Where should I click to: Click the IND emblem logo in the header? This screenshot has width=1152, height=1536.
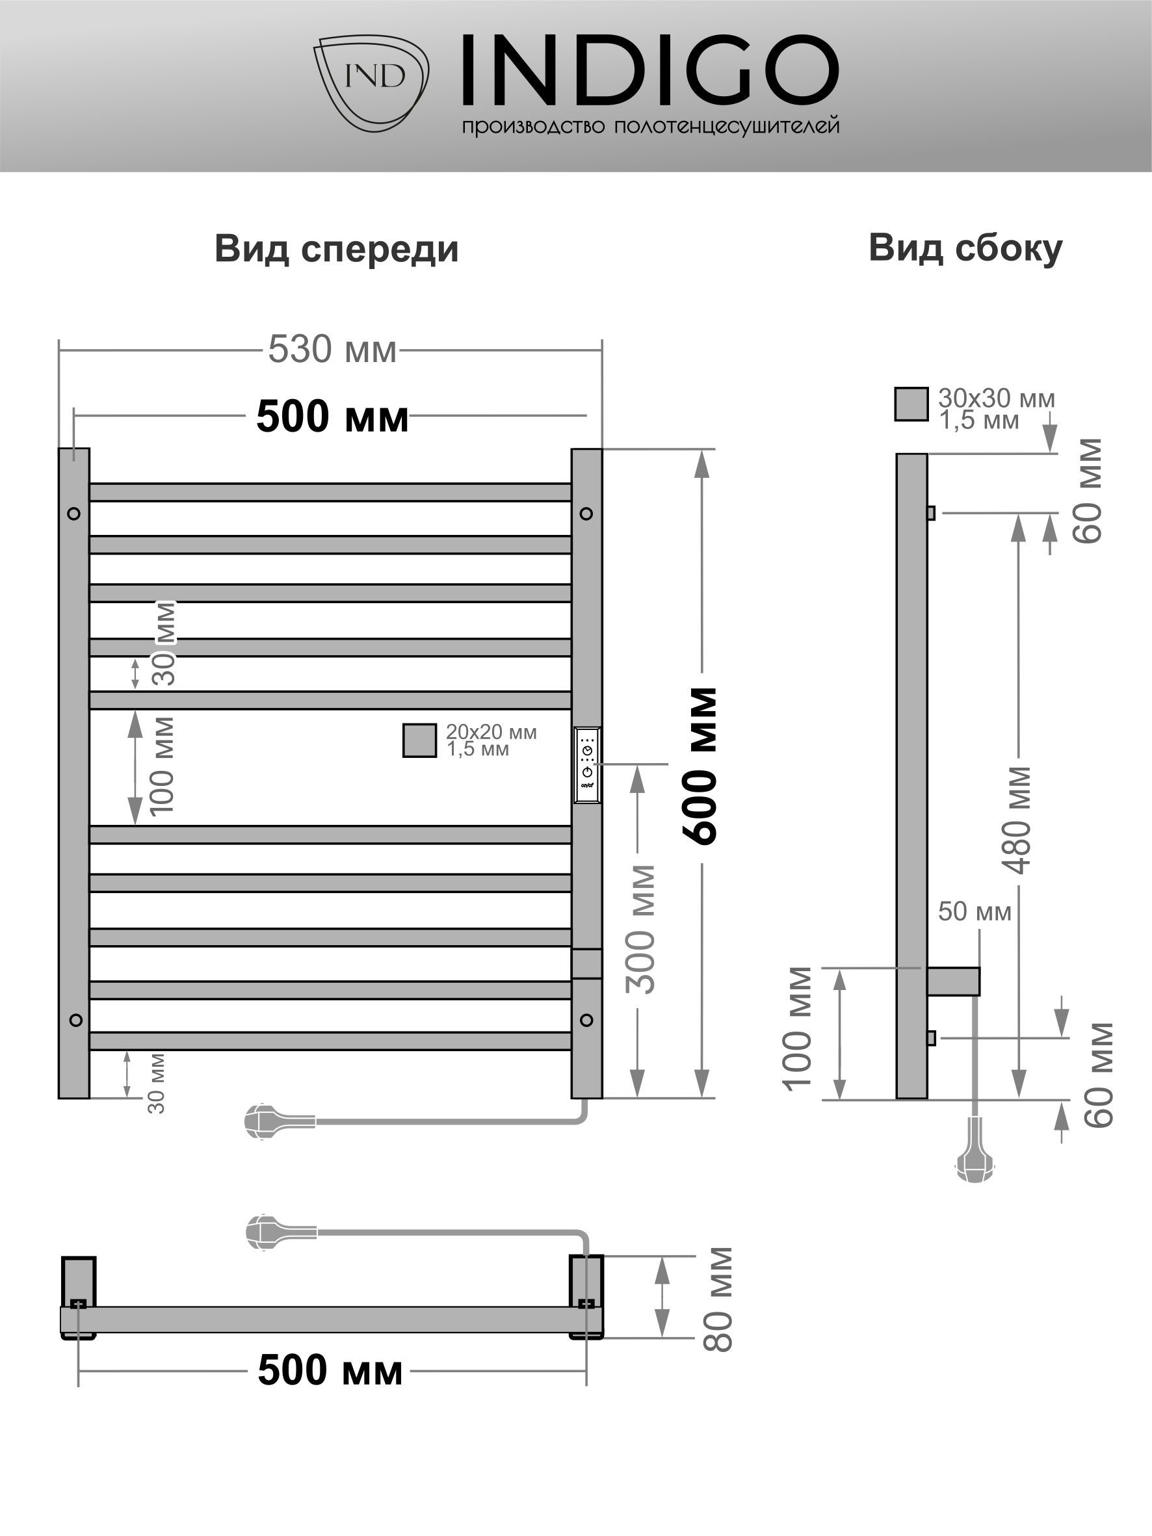pyautogui.click(x=371, y=82)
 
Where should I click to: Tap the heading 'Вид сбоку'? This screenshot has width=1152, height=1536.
pyautogui.click(x=965, y=248)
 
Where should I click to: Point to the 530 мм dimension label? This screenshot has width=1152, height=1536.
pyautogui.click(x=332, y=349)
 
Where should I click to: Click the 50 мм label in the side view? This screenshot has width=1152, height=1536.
pyautogui.click(x=975, y=911)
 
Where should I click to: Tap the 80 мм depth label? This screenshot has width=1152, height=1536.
pyautogui.click(x=717, y=1299)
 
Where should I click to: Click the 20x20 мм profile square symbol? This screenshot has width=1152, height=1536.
pyautogui.click(x=420, y=740)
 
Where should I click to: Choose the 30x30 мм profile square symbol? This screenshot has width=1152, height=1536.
pyautogui.click(x=911, y=404)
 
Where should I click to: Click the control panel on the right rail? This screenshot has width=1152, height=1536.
pyautogui.click(x=588, y=765)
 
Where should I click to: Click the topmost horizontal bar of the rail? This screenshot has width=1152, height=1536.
pyautogui.click(x=330, y=492)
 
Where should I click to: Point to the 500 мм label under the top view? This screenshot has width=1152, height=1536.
pyautogui.click(x=330, y=1371)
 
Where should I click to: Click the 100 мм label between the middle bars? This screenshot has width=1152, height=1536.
pyautogui.click(x=161, y=766)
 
